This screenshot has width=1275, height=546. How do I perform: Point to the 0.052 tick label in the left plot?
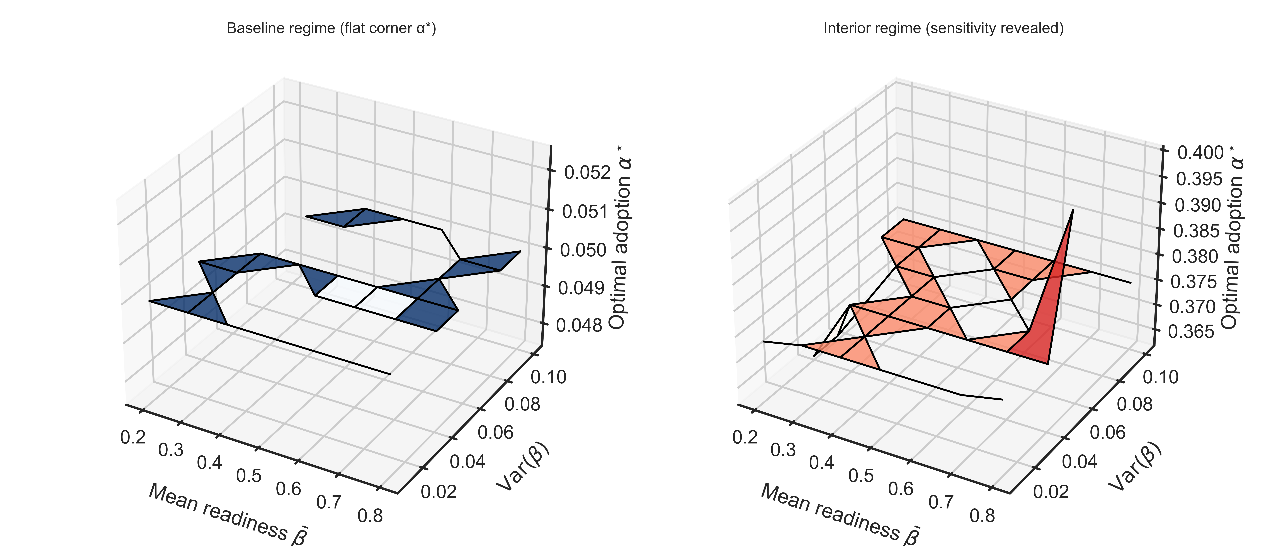click(x=588, y=173)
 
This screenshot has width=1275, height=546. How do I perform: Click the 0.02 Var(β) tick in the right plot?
click(x=1051, y=492)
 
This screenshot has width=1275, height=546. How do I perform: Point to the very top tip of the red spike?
click(x=1073, y=210)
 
